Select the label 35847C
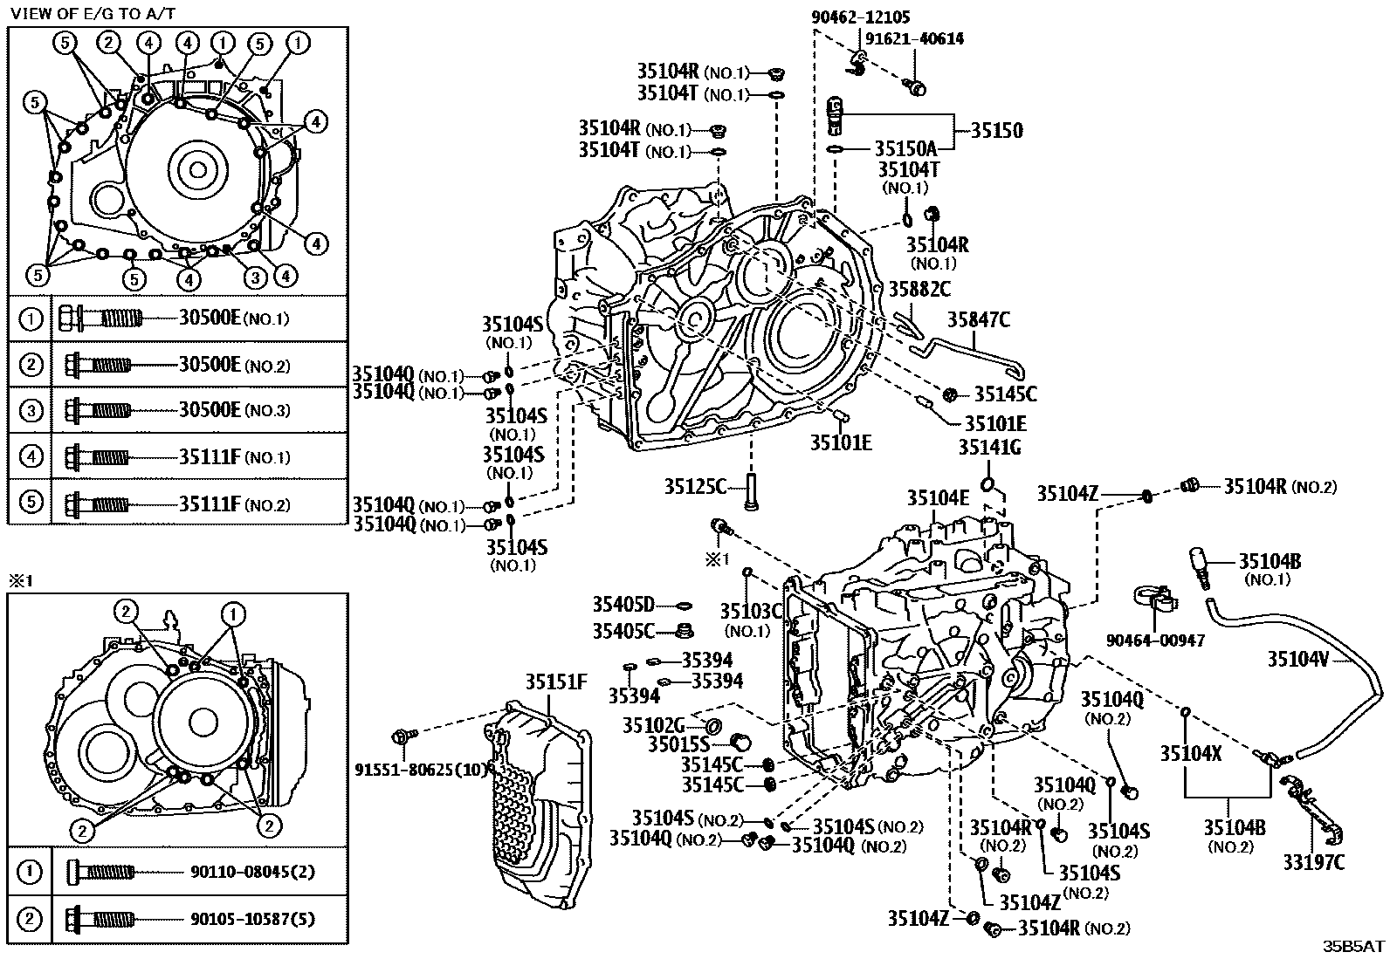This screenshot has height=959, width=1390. (979, 320)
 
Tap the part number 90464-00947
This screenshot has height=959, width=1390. (1155, 640)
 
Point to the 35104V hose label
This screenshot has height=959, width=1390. (1297, 660)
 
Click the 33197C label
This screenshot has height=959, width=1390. (1313, 862)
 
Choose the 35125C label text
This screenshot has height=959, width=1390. (695, 485)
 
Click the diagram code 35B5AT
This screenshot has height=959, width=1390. (1352, 945)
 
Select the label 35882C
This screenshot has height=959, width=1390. (919, 288)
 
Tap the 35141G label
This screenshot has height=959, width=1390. (989, 448)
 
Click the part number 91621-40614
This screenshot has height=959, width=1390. (914, 38)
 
